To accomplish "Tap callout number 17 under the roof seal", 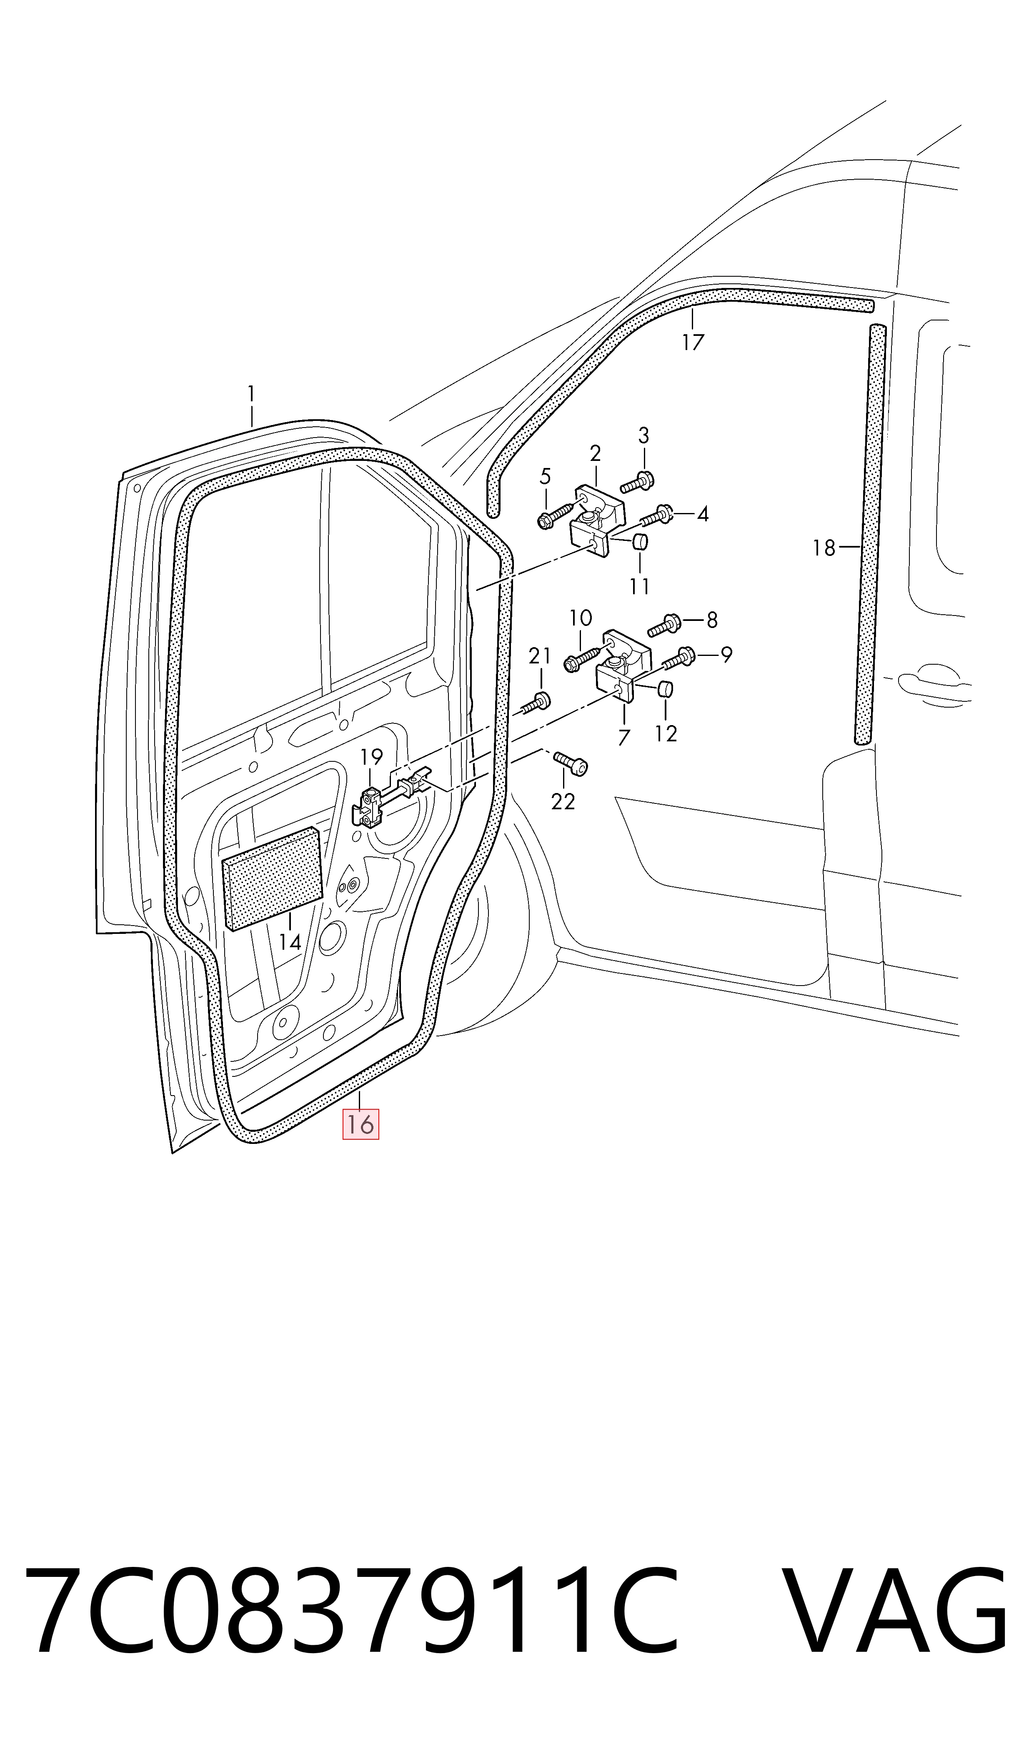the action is [693, 342].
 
